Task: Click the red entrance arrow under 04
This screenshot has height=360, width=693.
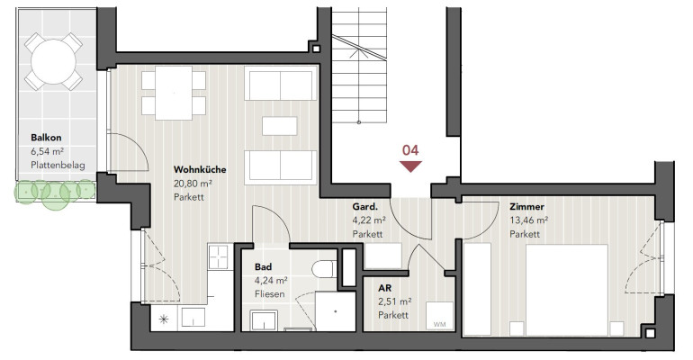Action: (410, 166)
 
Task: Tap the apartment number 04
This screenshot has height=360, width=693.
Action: (410, 150)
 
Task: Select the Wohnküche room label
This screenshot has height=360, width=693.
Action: (200, 169)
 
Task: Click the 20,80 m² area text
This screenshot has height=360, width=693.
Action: (193, 184)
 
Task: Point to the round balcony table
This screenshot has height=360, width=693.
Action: (53, 61)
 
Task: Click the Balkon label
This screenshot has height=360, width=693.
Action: (46, 138)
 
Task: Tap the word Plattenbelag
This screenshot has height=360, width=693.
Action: (58, 166)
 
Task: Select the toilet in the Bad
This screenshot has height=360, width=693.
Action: (324, 269)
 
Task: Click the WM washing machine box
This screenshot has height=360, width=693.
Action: (439, 316)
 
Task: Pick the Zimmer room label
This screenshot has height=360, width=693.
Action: (526, 207)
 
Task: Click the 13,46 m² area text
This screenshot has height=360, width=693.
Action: (529, 220)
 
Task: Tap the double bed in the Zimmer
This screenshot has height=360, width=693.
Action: (567, 289)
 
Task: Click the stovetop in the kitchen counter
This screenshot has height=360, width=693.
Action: (219, 256)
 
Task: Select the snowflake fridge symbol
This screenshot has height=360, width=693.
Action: (164, 319)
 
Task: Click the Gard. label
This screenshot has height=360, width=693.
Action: (365, 207)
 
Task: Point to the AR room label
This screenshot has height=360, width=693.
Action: (384, 288)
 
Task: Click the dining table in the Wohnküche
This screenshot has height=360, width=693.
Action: (174, 93)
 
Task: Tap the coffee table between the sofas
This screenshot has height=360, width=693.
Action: (280, 126)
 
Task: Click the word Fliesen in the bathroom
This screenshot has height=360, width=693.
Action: (270, 293)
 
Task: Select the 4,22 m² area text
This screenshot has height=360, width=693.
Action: (369, 220)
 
